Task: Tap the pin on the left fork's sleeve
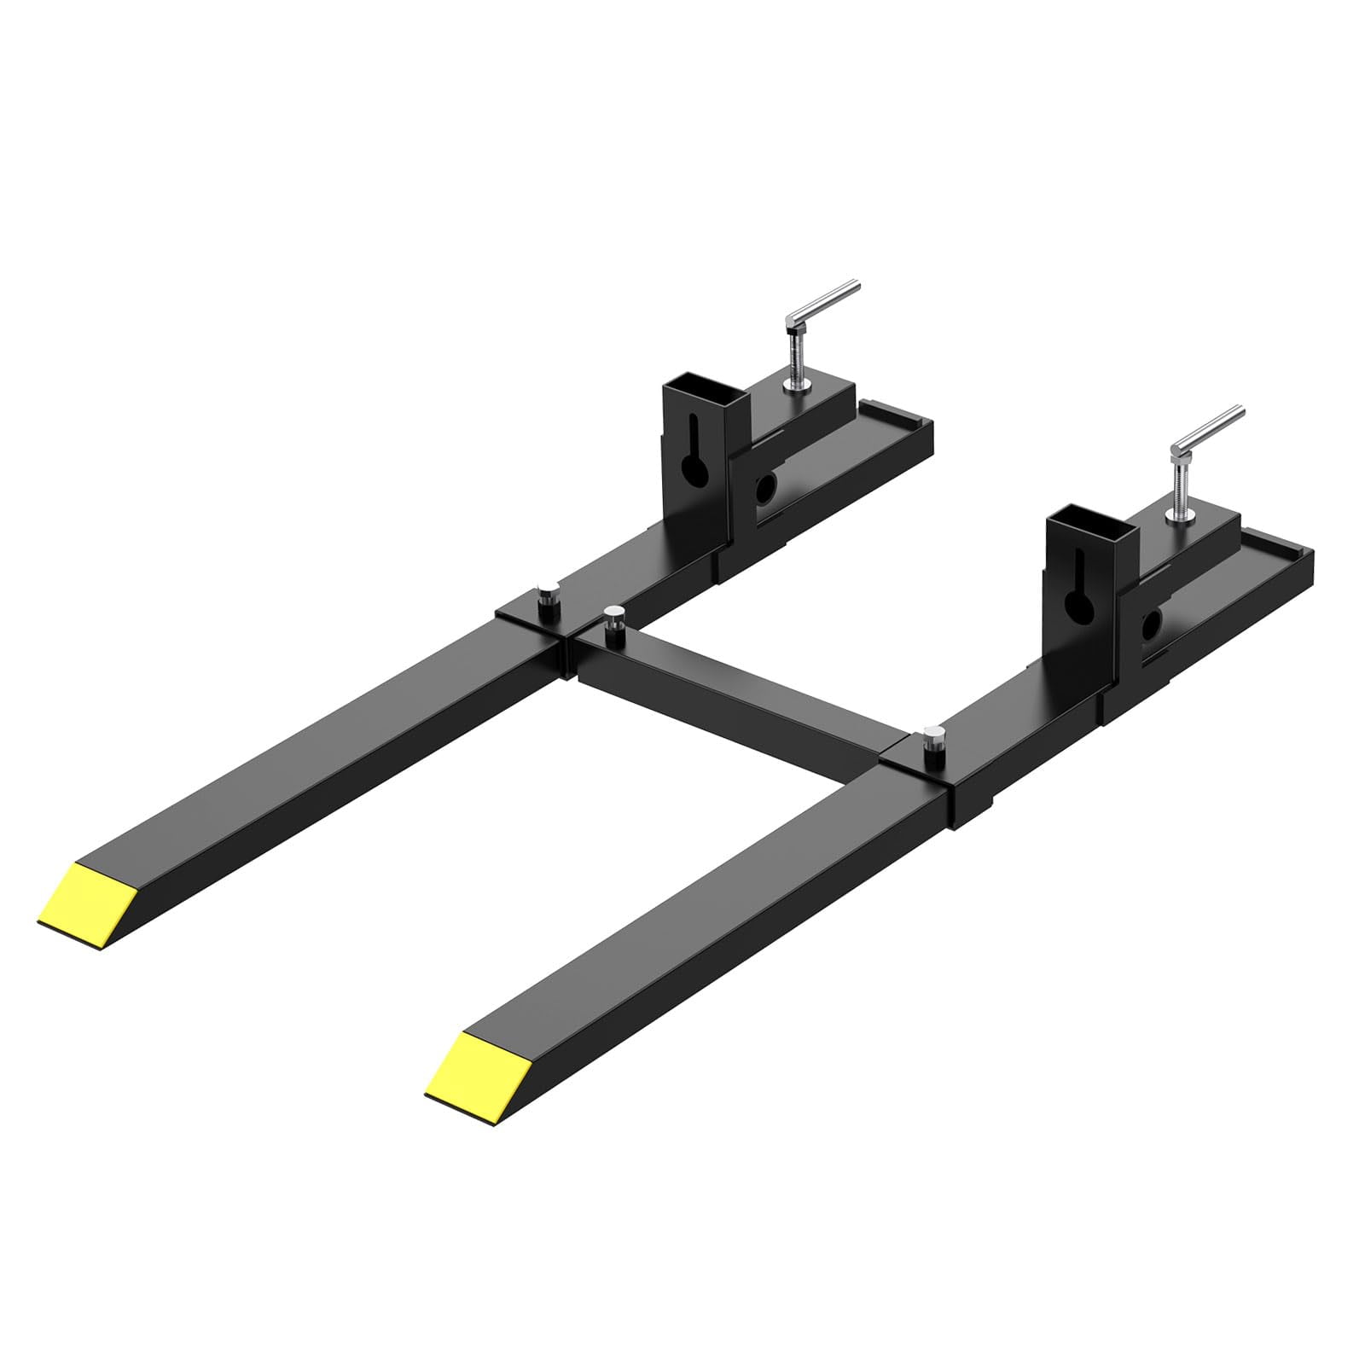click(543, 595)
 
